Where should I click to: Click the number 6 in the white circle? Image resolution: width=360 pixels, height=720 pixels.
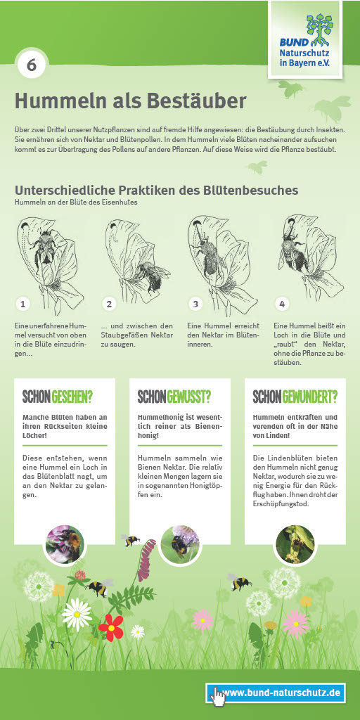point(31,65)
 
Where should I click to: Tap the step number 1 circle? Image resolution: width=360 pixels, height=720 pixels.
point(22,304)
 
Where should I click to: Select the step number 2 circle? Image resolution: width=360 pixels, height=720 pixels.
point(109,304)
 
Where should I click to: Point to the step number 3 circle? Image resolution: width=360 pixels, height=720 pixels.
point(195,304)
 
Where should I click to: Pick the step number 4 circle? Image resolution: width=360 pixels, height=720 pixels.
point(282,304)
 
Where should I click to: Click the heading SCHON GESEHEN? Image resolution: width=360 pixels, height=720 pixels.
point(58,397)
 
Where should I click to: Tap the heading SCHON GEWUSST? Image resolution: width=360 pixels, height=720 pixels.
point(174,397)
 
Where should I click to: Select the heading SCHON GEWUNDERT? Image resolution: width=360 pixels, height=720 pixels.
point(295,397)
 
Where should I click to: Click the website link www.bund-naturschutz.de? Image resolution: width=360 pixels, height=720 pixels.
point(281,692)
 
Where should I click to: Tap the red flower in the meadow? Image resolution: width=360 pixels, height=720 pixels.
point(111,627)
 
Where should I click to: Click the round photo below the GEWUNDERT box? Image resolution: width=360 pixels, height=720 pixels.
point(295,545)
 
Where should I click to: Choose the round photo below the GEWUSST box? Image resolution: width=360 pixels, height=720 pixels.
point(179,545)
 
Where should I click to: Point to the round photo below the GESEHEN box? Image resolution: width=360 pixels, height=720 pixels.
point(65,545)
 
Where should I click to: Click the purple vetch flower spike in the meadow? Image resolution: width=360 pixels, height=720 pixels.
point(147,560)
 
